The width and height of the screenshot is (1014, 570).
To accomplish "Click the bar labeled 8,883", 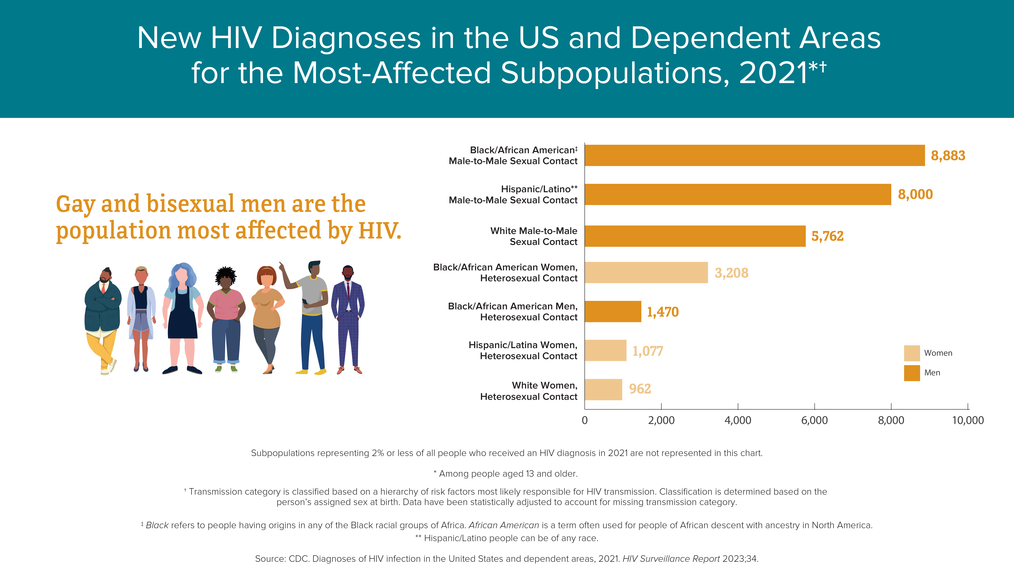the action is pos(755,155).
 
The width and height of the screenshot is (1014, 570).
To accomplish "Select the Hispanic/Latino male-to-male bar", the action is pos(738,194).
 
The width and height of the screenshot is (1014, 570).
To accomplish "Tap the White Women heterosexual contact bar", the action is pos(603,389).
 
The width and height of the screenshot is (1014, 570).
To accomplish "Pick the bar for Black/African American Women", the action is pos(646,272).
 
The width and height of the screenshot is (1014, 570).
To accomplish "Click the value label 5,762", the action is pos(827,236).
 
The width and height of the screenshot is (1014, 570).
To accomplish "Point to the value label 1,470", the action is pos(663,312).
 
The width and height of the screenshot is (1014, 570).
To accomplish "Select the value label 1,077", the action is pos(647,351).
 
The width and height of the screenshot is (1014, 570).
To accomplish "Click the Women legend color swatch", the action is pos(912,353).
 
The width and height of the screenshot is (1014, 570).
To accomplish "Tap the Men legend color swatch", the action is pos(912,373).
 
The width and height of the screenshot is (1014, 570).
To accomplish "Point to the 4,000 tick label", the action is pos(738,420).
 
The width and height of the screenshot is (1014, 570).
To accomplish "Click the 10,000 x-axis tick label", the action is pos(967,420).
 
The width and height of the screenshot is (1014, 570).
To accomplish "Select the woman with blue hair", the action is pos(182,318).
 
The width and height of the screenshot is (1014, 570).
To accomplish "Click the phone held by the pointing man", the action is pos(304,302).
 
